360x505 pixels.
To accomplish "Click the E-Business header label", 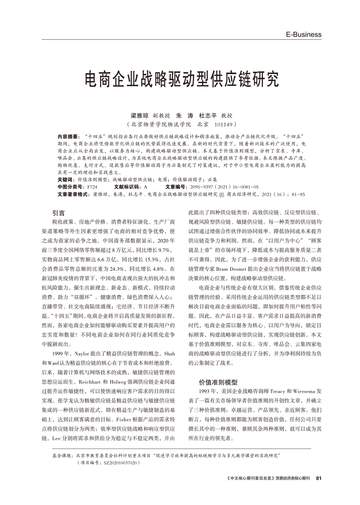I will tap(303, 34).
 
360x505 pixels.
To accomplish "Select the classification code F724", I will tap(92, 187).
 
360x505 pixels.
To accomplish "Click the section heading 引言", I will tap(58, 213).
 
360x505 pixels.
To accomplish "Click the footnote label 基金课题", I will tap(62, 455).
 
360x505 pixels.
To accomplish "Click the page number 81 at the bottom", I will tap(318, 478).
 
